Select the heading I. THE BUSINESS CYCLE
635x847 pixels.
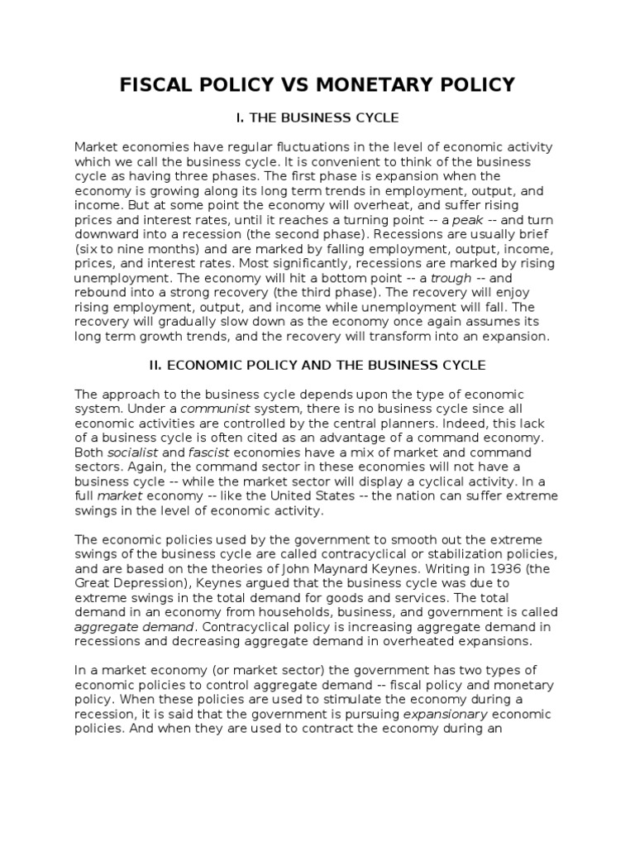coord(317,118)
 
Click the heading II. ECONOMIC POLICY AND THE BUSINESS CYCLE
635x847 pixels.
coord(317,365)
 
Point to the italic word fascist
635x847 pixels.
coord(212,452)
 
